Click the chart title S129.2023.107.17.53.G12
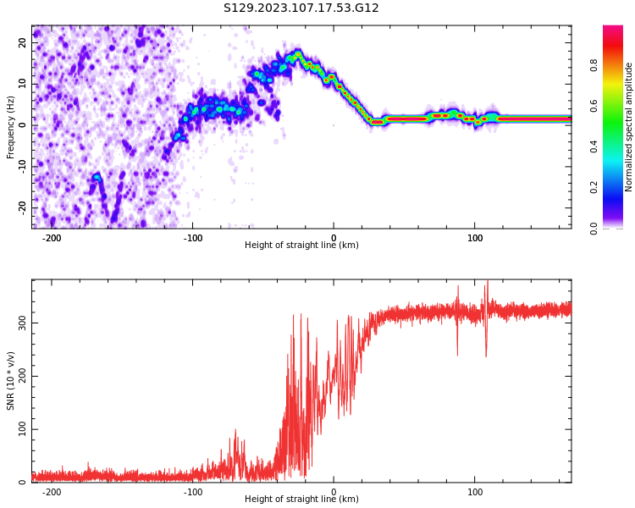(x=301, y=8)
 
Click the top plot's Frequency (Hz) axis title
(x=11, y=127)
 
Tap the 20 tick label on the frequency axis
(x=23, y=42)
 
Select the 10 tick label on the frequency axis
(x=23, y=84)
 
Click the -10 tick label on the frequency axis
(x=21, y=166)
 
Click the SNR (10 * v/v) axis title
(x=11, y=381)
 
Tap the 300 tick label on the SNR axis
(x=19, y=323)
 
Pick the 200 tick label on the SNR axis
(x=19, y=377)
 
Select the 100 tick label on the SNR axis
(x=19, y=429)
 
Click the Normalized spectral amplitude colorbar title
(x=629, y=127)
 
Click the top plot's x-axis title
(x=301, y=246)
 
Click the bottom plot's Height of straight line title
(x=301, y=500)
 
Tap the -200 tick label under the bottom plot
(x=52, y=492)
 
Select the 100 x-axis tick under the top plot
(x=475, y=238)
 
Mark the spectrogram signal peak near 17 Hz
(x=297, y=55)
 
